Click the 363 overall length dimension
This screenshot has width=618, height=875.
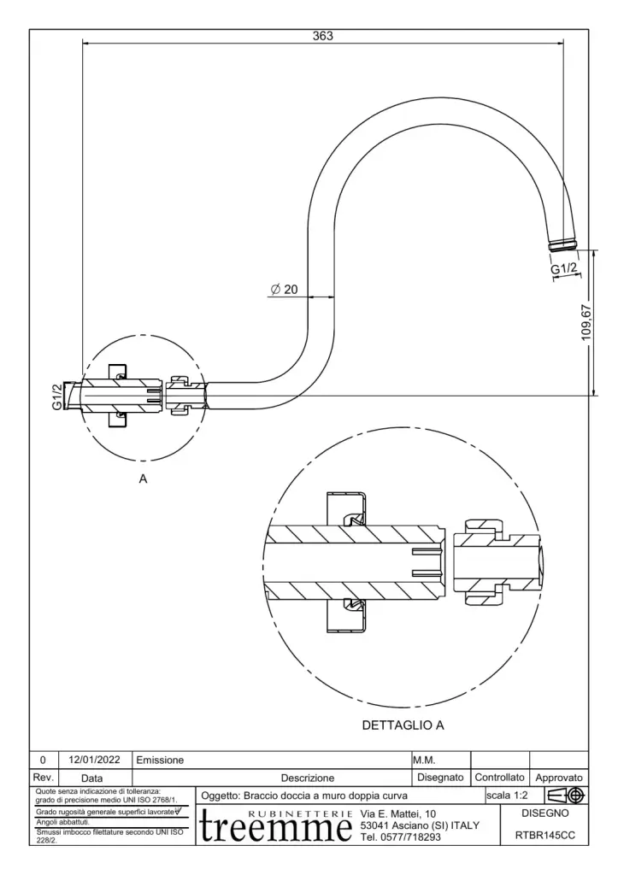click(x=322, y=36)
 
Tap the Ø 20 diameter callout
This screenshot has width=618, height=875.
click(x=285, y=290)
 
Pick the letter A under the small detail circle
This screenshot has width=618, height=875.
click(x=144, y=479)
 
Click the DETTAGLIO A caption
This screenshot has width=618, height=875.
click(x=403, y=725)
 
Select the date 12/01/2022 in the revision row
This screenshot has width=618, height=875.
click(x=96, y=760)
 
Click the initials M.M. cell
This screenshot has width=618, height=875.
click(x=426, y=760)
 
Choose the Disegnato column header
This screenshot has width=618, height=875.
click(x=440, y=778)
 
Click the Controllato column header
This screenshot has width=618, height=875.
click(x=499, y=778)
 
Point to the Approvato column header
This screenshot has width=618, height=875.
click(x=559, y=778)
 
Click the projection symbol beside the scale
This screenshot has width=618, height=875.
click(x=566, y=796)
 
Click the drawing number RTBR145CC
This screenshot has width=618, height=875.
click(x=551, y=837)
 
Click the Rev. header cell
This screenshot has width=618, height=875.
click(x=44, y=778)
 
